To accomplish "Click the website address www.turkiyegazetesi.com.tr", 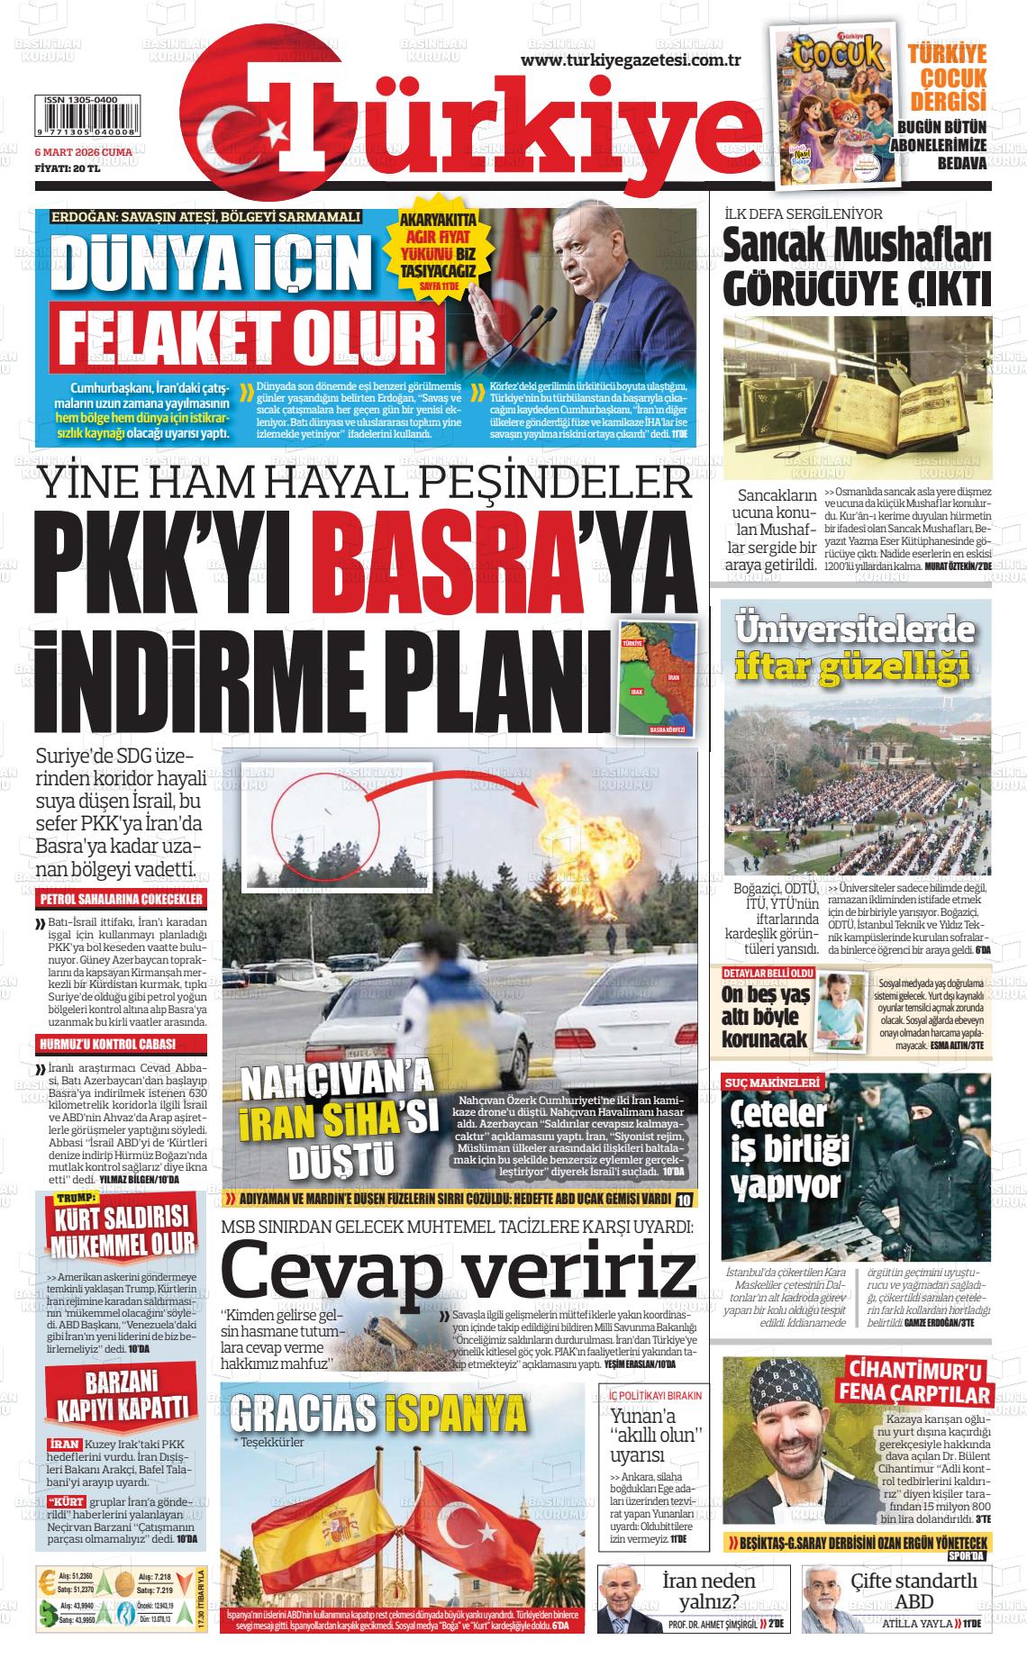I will pyautogui.click(x=631, y=59).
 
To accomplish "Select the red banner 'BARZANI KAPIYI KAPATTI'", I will pyautogui.click(x=123, y=1397).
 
